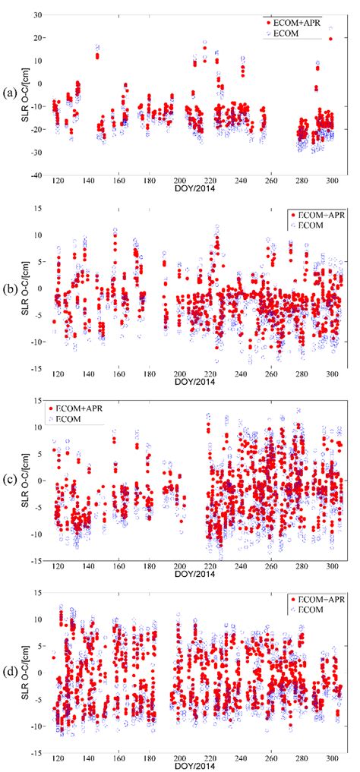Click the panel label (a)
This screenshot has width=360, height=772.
pyautogui.click(x=9, y=93)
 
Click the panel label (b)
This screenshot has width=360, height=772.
pyautogui.click(x=9, y=289)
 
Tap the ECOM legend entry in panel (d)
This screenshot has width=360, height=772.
pyautogui.click(x=309, y=610)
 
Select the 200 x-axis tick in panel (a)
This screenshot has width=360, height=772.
pyautogui.click(x=180, y=182)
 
